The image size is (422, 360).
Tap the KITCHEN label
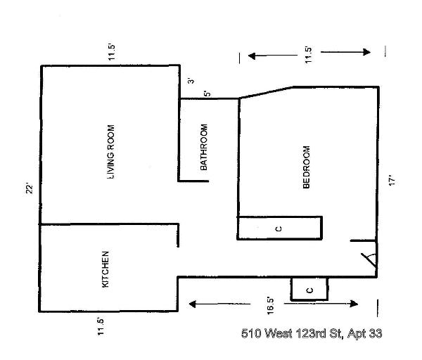(x=106, y=269)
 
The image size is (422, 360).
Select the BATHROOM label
(x=204, y=148)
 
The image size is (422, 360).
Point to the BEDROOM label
(x=306, y=167)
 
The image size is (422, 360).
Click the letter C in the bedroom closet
(x=279, y=229)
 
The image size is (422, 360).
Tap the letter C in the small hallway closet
(x=309, y=289)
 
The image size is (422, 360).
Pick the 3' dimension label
(x=191, y=81)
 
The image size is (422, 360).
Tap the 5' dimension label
(x=206, y=94)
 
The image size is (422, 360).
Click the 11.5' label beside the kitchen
(x=101, y=328)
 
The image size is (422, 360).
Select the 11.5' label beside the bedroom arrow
(x=307, y=56)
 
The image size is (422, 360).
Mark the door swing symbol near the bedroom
(x=369, y=258)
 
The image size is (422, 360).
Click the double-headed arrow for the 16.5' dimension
(x=274, y=304)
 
